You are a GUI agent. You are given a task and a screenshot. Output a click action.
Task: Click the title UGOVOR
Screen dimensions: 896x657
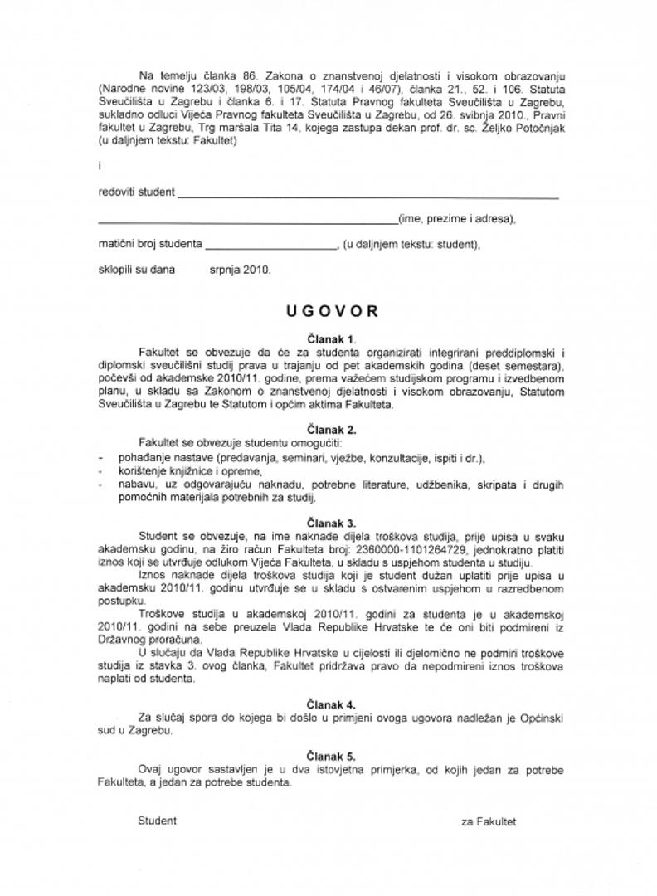coord(332,311)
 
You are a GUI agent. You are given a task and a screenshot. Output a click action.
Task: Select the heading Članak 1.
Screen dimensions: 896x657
coord(330,338)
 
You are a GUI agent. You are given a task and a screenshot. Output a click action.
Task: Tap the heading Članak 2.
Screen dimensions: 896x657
coord(330,430)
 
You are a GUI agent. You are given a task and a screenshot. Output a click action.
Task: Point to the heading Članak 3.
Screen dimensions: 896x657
coord(330,523)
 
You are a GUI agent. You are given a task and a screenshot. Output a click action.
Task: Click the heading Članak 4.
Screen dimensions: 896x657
coord(330,704)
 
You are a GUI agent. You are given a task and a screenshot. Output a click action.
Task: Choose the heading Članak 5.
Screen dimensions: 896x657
coord(330,757)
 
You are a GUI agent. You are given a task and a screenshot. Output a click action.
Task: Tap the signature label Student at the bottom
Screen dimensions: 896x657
coord(157,821)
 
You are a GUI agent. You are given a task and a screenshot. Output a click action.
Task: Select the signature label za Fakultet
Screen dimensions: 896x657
coord(489,821)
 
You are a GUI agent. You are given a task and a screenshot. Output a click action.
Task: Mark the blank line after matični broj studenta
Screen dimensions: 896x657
coord(270,247)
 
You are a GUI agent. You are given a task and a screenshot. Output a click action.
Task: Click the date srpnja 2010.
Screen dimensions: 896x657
coord(240,270)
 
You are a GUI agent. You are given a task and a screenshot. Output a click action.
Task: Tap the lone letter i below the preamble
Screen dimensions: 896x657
coord(99,166)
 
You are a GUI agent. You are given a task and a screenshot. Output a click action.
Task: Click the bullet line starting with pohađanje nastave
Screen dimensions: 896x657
coord(291,458)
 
